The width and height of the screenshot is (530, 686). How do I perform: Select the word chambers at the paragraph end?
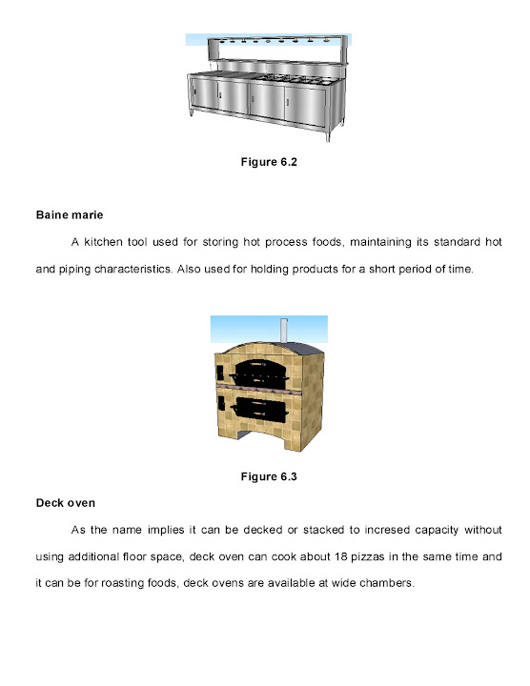click(x=385, y=581)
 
